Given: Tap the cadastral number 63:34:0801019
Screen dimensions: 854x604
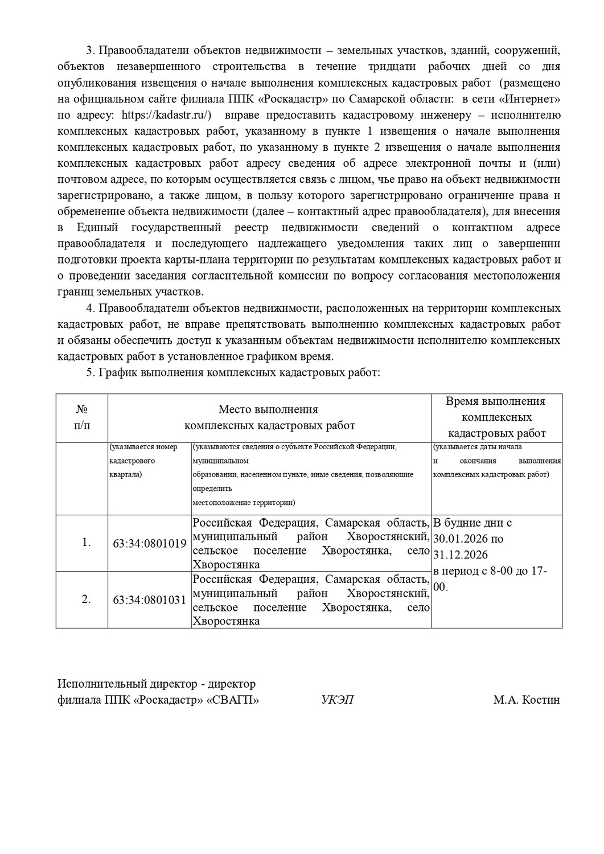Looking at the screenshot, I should click(150, 543).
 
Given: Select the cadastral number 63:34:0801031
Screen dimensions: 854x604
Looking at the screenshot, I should click(150, 600).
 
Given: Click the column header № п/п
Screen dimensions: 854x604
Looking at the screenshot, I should click(81, 417).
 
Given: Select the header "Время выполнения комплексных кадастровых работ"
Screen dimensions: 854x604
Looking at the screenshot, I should click(496, 417).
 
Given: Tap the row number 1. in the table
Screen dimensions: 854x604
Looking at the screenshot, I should click(86, 543).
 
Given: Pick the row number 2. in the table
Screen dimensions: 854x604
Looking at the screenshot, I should click(86, 599).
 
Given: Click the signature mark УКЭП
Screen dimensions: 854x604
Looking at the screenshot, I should click(338, 700).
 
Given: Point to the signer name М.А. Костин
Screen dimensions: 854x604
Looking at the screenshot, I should click(527, 700).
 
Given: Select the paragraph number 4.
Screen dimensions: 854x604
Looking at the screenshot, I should click(89, 309).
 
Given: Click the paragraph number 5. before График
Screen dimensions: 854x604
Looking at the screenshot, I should click(89, 373).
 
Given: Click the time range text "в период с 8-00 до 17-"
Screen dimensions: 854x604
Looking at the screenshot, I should click(490, 571).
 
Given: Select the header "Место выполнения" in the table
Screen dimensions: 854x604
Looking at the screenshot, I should click(268, 409).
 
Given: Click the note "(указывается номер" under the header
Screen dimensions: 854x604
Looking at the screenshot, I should click(143, 447).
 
